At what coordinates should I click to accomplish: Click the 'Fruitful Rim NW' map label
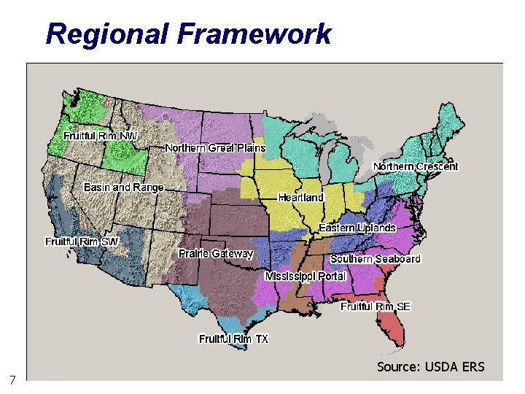100,136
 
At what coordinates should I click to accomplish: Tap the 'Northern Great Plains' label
215,148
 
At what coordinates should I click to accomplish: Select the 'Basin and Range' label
124,188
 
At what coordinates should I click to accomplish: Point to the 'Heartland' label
300,198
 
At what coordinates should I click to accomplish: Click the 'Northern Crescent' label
416,166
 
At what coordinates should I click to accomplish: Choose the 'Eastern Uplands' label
357,228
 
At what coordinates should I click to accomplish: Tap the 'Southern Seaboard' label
376,259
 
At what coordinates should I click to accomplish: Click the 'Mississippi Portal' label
305,277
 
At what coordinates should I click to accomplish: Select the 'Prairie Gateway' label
216,254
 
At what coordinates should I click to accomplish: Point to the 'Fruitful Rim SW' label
82,242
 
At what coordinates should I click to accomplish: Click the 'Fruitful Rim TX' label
233,339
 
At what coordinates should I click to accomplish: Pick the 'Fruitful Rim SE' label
376,306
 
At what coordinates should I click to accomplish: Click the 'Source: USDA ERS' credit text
430,366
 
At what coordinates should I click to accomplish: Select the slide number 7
12,379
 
